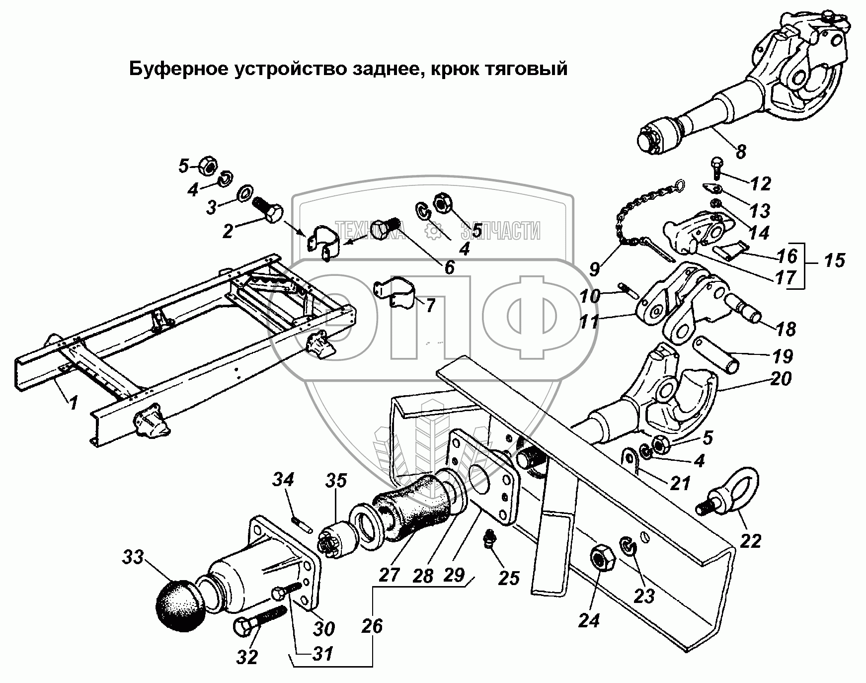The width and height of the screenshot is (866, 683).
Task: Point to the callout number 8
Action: pos(741,151)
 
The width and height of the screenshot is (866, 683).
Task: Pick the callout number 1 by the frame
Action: pos(74,402)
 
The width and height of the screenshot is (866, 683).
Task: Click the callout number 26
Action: pos(372,626)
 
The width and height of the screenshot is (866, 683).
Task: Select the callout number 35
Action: pos(336,481)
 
